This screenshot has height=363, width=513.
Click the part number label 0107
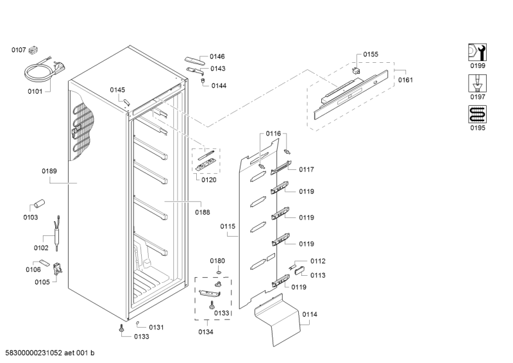(18, 49)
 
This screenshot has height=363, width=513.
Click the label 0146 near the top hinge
(217, 56)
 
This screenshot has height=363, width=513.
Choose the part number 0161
(405, 80)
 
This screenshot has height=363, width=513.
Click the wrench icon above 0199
(478, 52)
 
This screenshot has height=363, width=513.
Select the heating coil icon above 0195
(478, 114)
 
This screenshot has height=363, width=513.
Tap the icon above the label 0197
(478, 83)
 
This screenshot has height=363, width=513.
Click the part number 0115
(228, 226)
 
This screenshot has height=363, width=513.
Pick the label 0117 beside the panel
(306, 169)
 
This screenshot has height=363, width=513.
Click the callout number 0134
(206, 332)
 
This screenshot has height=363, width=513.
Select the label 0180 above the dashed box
(218, 260)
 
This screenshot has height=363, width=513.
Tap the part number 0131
(156, 327)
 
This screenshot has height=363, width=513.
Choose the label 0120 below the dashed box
(208, 180)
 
